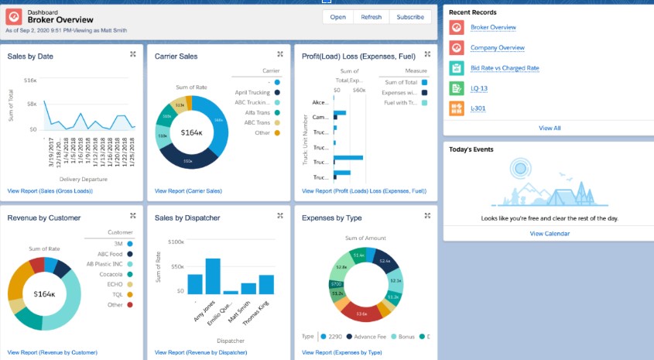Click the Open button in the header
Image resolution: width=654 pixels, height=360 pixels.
click(x=338, y=17)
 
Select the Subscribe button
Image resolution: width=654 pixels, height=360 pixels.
click(x=409, y=17)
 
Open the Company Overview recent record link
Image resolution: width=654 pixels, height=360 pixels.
click(x=497, y=48)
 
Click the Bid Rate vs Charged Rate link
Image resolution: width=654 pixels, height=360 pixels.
click(x=505, y=68)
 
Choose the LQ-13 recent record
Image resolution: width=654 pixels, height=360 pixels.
click(x=479, y=88)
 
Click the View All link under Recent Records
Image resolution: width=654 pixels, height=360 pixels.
click(x=550, y=128)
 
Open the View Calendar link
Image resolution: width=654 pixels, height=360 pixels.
click(x=550, y=233)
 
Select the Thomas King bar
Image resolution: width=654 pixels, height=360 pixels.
click(x=266, y=284)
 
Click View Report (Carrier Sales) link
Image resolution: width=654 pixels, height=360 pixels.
click(x=188, y=190)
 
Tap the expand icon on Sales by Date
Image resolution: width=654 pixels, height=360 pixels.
click(x=133, y=54)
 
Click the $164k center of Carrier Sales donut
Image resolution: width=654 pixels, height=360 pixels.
click(x=192, y=132)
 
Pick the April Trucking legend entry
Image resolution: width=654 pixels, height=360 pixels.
click(x=252, y=92)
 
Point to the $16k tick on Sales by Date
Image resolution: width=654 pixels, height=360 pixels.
click(x=30, y=80)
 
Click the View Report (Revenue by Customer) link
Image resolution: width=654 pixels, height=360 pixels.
click(x=53, y=352)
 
